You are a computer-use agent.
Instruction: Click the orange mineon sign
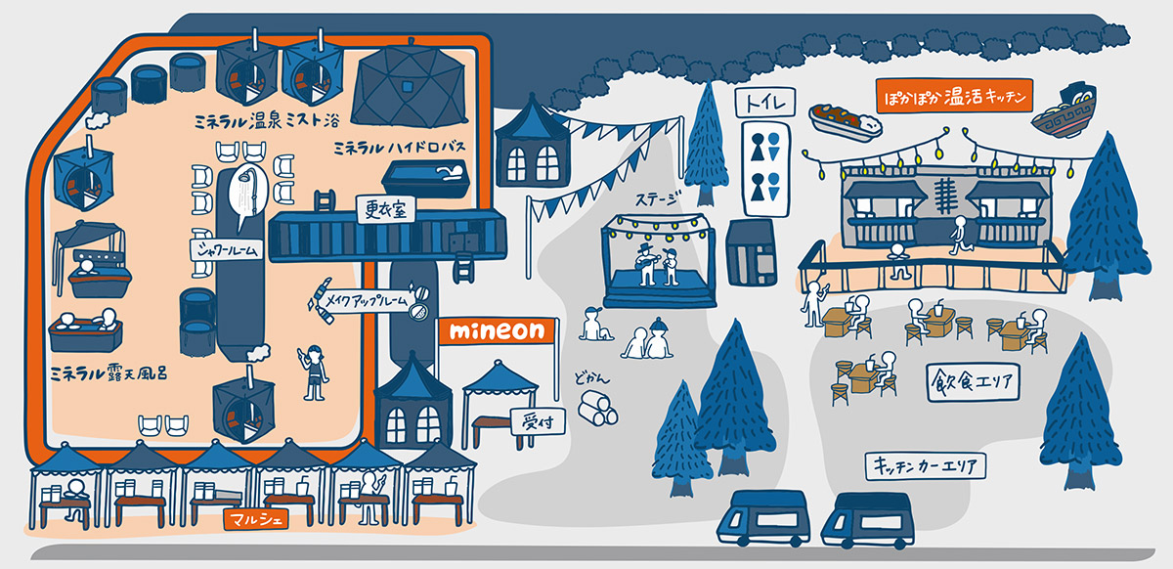(x=497, y=331)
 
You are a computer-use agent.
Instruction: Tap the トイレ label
(x=765, y=103)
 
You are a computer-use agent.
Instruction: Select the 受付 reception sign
(x=538, y=421)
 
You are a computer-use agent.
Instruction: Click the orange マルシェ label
(x=256, y=519)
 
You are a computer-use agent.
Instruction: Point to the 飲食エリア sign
(x=973, y=382)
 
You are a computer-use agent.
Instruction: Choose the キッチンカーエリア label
(x=926, y=465)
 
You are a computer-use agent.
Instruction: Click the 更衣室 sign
(x=385, y=209)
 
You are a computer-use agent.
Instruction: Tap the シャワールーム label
(x=226, y=249)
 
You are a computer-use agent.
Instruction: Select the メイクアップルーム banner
(x=367, y=301)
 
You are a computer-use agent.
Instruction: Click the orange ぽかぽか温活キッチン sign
(x=954, y=96)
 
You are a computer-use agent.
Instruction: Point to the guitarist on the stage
(x=647, y=264)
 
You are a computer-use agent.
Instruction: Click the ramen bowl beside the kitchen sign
(x=1064, y=110)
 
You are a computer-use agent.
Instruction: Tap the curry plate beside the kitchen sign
(x=845, y=122)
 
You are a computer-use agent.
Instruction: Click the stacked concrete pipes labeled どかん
(x=597, y=408)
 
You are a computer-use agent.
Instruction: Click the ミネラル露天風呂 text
(x=109, y=372)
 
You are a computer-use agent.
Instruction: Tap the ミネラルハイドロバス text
(x=400, y=148)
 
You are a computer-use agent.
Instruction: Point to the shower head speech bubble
(x=247, y=194)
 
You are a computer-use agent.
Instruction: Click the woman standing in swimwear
(x=313, y=372)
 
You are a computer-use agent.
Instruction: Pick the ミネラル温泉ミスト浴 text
(x=267, y=121)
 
